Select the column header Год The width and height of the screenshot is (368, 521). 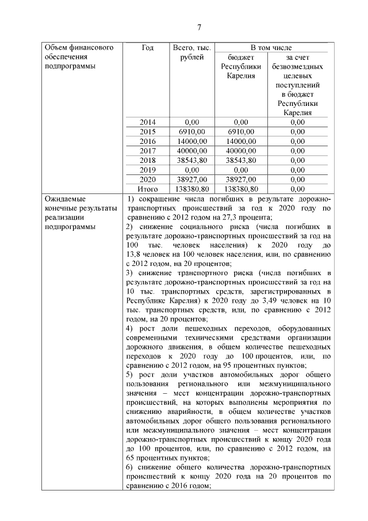point(147,47)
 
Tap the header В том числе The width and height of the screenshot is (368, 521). point(271,47)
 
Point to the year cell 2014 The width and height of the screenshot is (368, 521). point(147,122)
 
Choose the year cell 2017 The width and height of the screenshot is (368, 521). point(147,150)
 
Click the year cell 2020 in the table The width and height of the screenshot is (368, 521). point(147,178)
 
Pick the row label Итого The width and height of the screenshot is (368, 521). point(147,188)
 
